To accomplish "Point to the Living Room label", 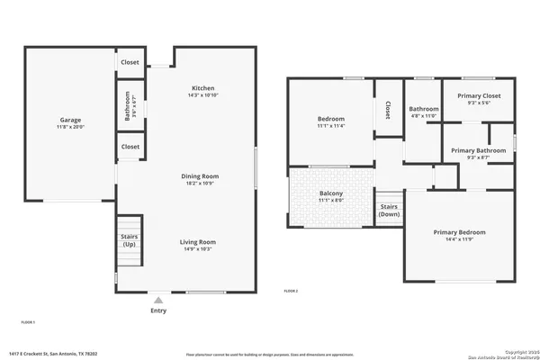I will (x=197, y=241).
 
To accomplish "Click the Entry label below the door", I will (x=158, y=310).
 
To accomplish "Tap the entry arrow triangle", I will (x=158, y=300).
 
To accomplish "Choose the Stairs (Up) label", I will (x=129, y=240).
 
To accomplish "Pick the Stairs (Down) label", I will (x=389, y=210).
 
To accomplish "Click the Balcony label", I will (x=330, y=193).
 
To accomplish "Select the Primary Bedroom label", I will (x=459, y=232).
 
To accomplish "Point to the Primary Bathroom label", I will (x=477, y=150).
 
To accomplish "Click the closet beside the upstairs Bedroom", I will (x=388, y=110).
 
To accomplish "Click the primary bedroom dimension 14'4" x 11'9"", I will (x=459, y=238).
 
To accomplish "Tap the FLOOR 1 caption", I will (x=28, y=321).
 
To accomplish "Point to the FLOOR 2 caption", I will (x=291, y=291).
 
